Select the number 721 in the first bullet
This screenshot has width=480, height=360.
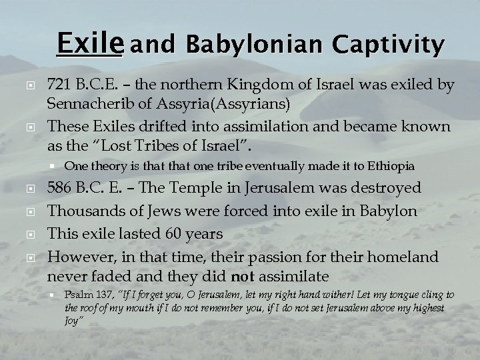point(59,85)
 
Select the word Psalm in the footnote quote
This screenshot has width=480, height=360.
point(76,295)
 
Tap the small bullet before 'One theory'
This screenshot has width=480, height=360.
point(52,165)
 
